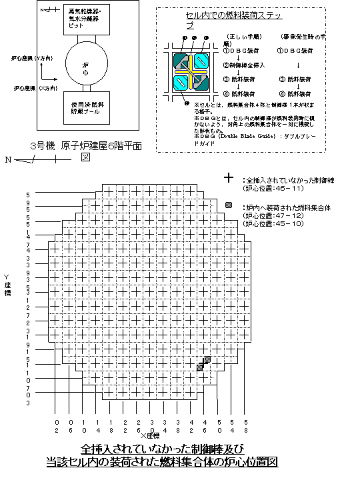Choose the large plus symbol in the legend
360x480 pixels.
pos(229,179)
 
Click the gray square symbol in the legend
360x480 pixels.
pos(229,205)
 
